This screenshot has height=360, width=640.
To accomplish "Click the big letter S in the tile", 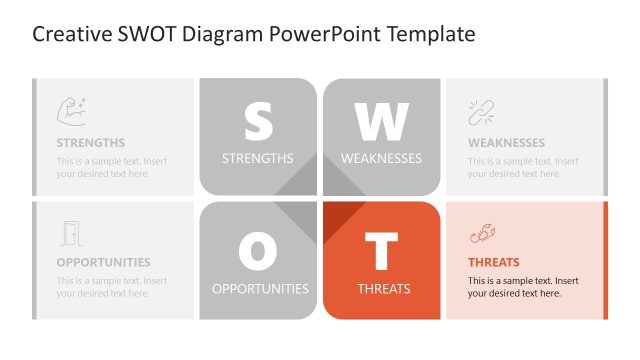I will coord(258,121).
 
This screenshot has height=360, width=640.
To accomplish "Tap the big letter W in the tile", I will coord(381,121).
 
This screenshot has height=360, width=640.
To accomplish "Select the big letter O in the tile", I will coord(258,251).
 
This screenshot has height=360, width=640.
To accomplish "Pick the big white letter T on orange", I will coord(381,251).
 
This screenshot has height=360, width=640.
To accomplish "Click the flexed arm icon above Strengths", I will coord(71,110).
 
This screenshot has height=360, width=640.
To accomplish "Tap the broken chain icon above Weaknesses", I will coord(481,112).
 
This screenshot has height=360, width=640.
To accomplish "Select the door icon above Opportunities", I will coord(70,233).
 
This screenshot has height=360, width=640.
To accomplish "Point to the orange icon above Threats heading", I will coord(481,235).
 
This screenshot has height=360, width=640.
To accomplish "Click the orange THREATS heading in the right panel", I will coord(493,263).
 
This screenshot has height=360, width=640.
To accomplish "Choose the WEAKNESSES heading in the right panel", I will coord(506,143).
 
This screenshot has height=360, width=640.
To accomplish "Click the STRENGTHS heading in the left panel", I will coord(91,143).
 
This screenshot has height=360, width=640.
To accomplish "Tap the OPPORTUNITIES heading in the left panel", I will coord(103,263).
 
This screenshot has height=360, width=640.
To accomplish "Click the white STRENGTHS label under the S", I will coord(257,158).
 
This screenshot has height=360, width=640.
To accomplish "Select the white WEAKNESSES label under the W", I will coord(381,158).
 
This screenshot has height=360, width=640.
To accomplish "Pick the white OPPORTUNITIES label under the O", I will coord(260,289).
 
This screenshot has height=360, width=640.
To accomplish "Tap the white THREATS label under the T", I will coord(384,289).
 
